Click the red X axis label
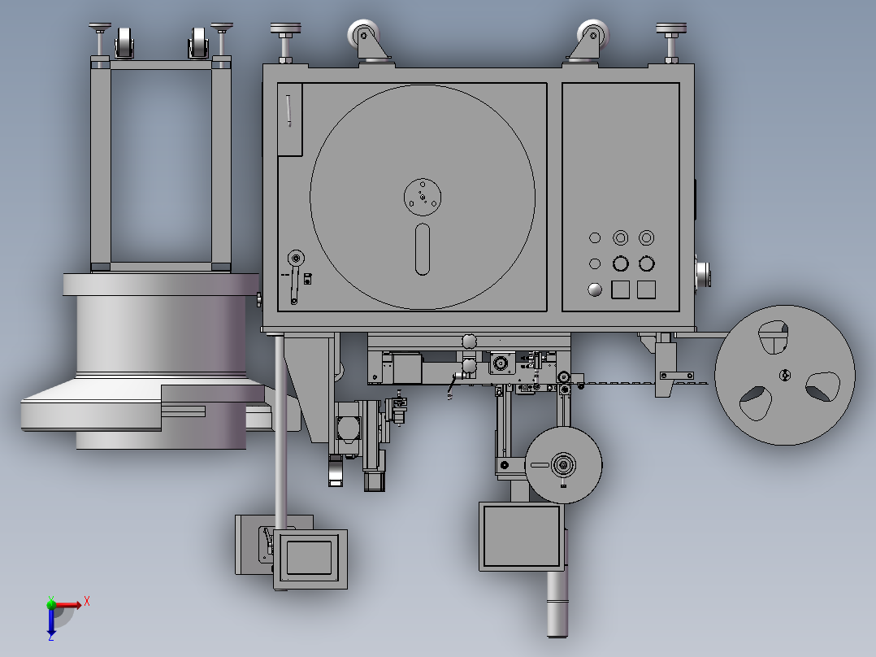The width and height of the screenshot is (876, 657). [x=87, y=602]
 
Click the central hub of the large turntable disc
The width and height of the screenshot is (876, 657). [x=423, y=197]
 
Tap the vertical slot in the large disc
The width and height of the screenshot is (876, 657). [x=423, y=250]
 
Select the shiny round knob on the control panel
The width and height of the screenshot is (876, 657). [x=595, y=289]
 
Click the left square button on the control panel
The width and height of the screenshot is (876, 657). [x=621, y=289]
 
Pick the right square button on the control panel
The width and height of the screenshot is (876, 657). [x=646, y=289]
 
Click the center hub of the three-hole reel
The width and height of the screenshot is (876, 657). [x=785, y=375]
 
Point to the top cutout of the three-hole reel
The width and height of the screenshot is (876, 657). [x=774, y=337]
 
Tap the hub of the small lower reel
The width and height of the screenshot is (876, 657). [x=563, y=464]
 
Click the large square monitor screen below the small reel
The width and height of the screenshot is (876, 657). [x=521, y=536]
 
